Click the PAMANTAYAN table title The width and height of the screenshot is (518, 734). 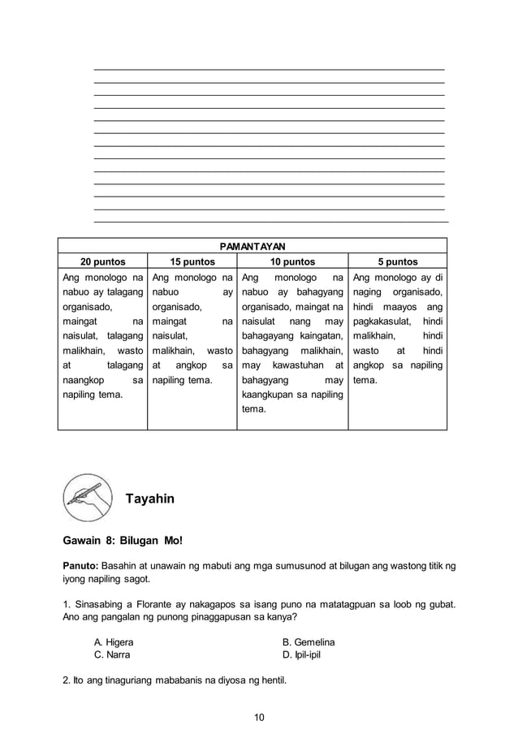[x=253, y=245]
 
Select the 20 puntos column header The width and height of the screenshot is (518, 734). [x=101, y=261]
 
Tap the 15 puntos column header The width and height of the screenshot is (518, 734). [x=192, y=261]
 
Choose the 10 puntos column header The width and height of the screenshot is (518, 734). [x=292, y=261]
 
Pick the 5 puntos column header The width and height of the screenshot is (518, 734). [x=397, y=261]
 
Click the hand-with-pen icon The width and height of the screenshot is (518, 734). [x=87, y=497]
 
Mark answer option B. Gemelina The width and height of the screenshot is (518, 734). [x=308, y=642]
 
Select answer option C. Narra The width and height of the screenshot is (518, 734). [x=112, y=654]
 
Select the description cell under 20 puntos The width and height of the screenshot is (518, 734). [x=102, y=337]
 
